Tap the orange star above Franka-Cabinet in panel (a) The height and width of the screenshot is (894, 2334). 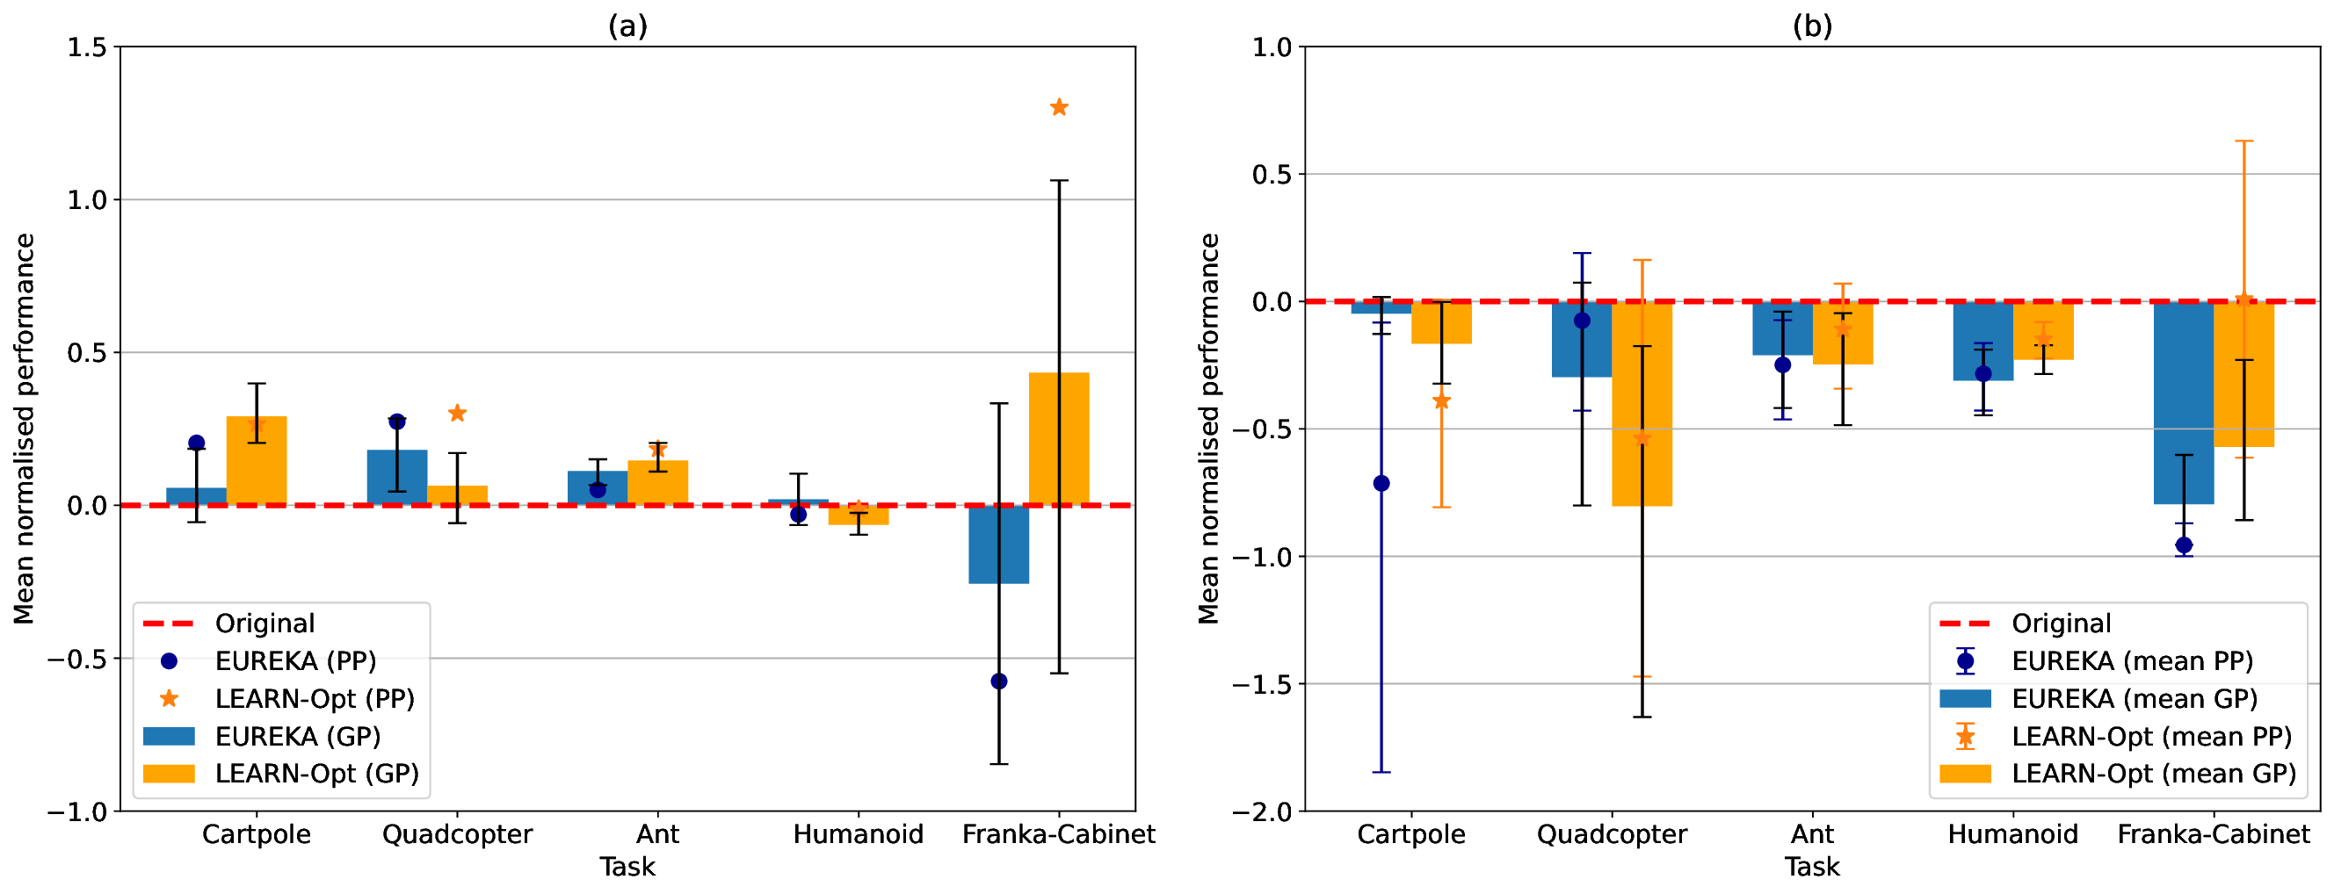click(x=1058, y=108)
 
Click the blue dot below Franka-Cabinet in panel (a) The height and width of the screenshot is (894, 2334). click(x=998, y=681)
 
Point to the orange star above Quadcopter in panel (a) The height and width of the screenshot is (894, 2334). click(x=457, y=413)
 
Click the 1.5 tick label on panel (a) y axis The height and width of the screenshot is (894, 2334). click(x=87, y=47)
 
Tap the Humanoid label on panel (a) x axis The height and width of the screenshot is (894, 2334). click(x=857, y=834)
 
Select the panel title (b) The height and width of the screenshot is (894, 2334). click(x=1811, y=26)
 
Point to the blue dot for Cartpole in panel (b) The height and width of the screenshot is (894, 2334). click(x=1381, y=484)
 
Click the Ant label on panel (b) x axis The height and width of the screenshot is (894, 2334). click(x=1811, y=834)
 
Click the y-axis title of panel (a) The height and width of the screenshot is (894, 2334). click(x=25, y=429)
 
